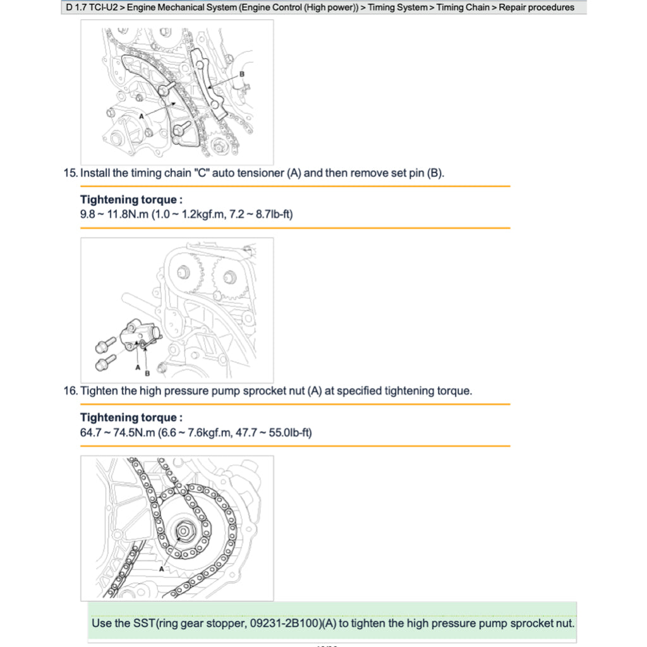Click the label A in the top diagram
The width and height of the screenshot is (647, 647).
[x=142, y=116]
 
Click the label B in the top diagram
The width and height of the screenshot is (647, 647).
[x=241, y=74]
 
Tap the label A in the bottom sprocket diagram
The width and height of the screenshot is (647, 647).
[x=162, y=569]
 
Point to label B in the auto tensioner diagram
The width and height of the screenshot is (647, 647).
[x=147, y=373]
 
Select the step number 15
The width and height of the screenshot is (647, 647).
[x=70, y=173]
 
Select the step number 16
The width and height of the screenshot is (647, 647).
[x=70, y=391]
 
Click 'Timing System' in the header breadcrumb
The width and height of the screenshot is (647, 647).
[x=397, y=8]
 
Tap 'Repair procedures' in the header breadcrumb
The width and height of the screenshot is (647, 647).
[x=536, y=8]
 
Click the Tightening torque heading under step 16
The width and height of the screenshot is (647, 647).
[x=131, y=418]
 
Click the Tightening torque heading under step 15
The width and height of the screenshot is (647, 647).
[x=131, y=200]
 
